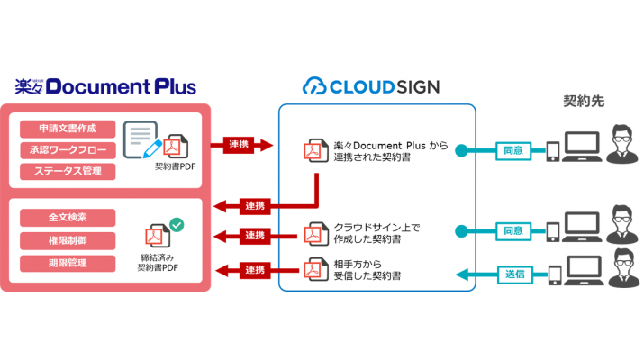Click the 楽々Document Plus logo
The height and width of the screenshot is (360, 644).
click(x=106, y=86)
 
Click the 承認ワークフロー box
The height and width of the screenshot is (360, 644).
click(x=68, y=150)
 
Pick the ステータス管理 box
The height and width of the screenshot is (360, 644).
click(x=68, y=171)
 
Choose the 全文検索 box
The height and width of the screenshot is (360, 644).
click(x=68, y=218)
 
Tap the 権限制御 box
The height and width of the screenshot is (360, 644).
click(x=68, y=240)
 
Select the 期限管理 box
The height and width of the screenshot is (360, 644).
click(x=68, y=263)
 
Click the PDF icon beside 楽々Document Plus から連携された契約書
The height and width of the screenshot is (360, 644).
click(x=315, y=150)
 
